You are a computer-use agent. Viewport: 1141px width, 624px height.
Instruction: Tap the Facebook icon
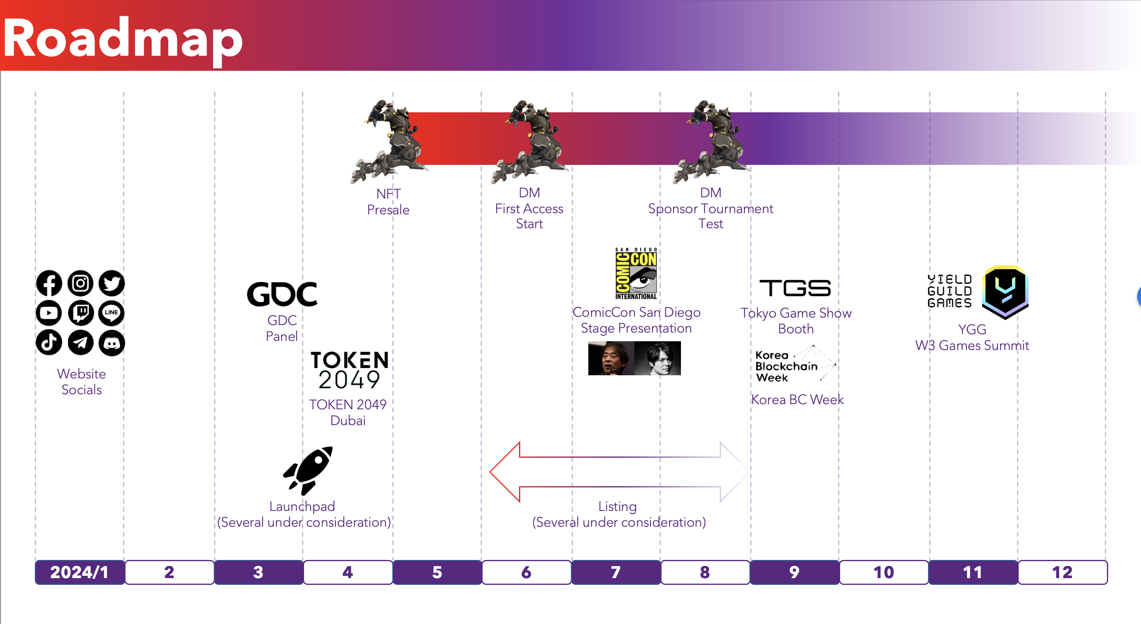[49, 283]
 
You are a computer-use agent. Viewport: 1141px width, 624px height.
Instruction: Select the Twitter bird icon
[112, 283]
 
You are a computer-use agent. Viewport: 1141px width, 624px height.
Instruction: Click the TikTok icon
[49, 342]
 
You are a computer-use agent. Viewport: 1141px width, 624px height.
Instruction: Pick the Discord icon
[112, 342]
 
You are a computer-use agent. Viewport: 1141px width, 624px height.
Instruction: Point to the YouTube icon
[49, 313]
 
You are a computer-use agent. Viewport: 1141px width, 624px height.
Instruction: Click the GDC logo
[282, 294]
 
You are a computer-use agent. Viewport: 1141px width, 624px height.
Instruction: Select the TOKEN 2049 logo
[350, 371]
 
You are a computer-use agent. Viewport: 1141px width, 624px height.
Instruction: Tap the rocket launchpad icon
[308, 471]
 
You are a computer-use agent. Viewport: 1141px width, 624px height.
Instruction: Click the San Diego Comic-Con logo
[636, 274]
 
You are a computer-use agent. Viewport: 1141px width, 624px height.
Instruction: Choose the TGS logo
[795, 288]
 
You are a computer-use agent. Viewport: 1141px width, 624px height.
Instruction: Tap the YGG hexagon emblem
[1005, 292]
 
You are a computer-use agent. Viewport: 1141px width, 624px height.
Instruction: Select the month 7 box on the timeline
[616, 572]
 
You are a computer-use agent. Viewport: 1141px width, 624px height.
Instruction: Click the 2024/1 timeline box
[80, 572]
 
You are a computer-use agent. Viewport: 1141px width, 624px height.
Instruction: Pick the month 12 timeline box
[1063, 572]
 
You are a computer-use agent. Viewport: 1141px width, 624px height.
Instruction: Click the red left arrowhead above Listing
[505, 472]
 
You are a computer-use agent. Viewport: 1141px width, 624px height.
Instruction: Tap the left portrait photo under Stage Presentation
[611, 359]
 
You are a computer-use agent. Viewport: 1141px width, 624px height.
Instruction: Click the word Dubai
[348, 420]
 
